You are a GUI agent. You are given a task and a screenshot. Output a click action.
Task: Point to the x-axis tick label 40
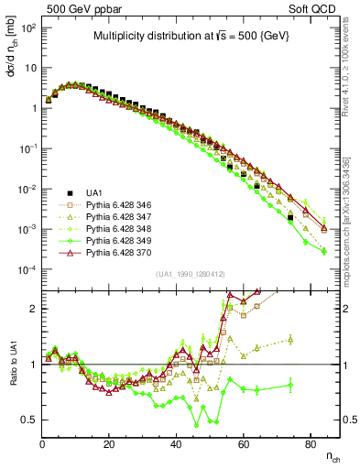(x=176, y=443)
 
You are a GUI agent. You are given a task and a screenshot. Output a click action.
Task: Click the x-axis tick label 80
(x=310, y=443)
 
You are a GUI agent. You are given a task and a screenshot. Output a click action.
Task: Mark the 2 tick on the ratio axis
(x=34, y=309)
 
